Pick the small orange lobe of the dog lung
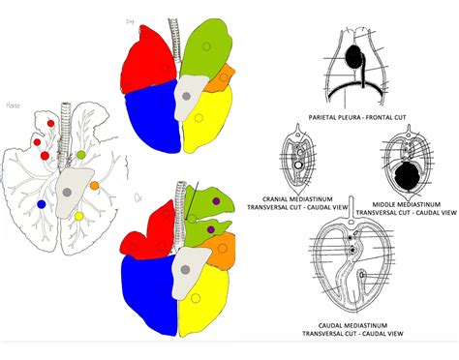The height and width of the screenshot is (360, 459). point(225,75)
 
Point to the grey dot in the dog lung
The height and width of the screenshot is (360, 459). point(185,98)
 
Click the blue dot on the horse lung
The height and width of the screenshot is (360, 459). point(41,204)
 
